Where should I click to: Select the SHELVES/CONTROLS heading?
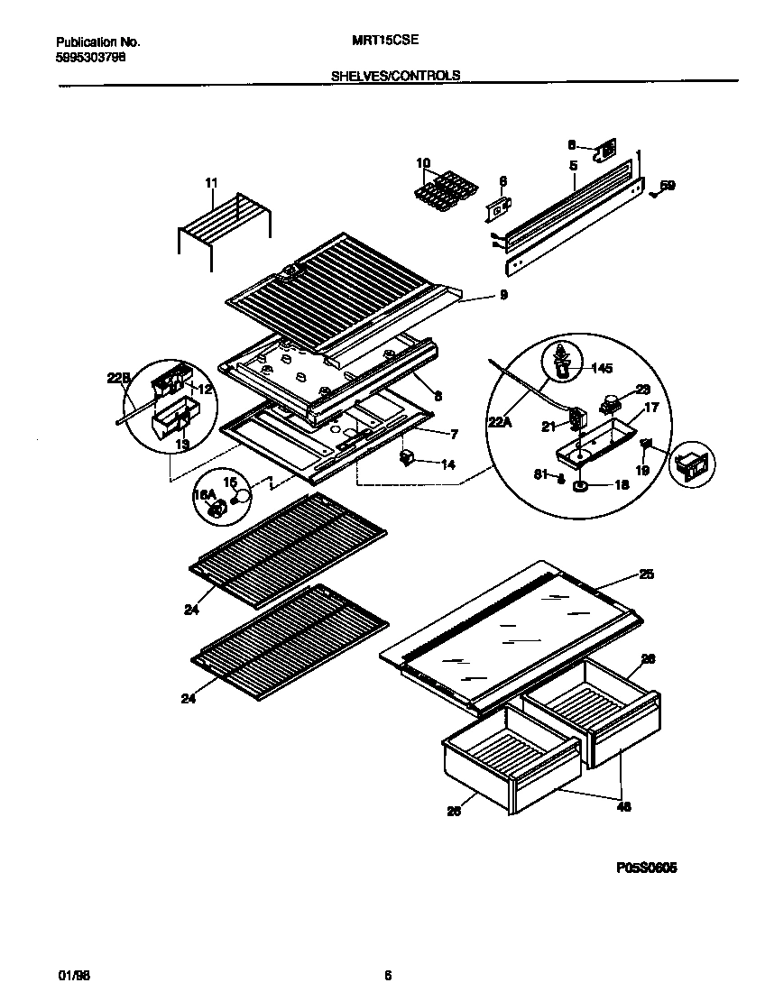pyautogui.click(x=396, y=77)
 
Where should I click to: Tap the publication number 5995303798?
pyautogui.click(x=90, y=56)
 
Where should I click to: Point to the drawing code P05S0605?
pyautogui.click(x=647, y=868)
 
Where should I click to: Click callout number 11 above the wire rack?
pyautogui.click(x=211, y=183)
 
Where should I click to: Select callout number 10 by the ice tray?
pyautogui.click(x=423, y=163)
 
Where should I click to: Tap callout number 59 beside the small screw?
pyautogui.click(x=668, y=186)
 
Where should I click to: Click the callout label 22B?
pyautogui.click(x=119, y=380)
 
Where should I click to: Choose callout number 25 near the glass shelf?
pyautogui.click(x=646, y=574)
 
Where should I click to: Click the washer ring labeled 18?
pyautogui.click(x=579, y=486)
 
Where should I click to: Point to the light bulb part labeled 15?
pyautogui.click(x=239, y=496)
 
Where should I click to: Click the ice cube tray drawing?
pyautogui.click(x=442, y=190)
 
